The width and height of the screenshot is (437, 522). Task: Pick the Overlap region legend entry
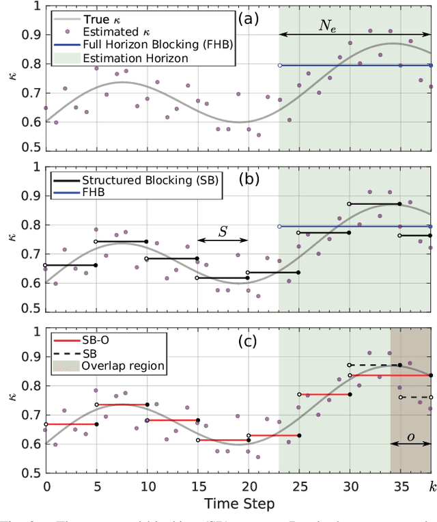tap(123, 366)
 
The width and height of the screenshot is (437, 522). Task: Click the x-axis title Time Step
tap(238, 504)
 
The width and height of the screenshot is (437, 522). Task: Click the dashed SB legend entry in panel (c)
tap(89, 353)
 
